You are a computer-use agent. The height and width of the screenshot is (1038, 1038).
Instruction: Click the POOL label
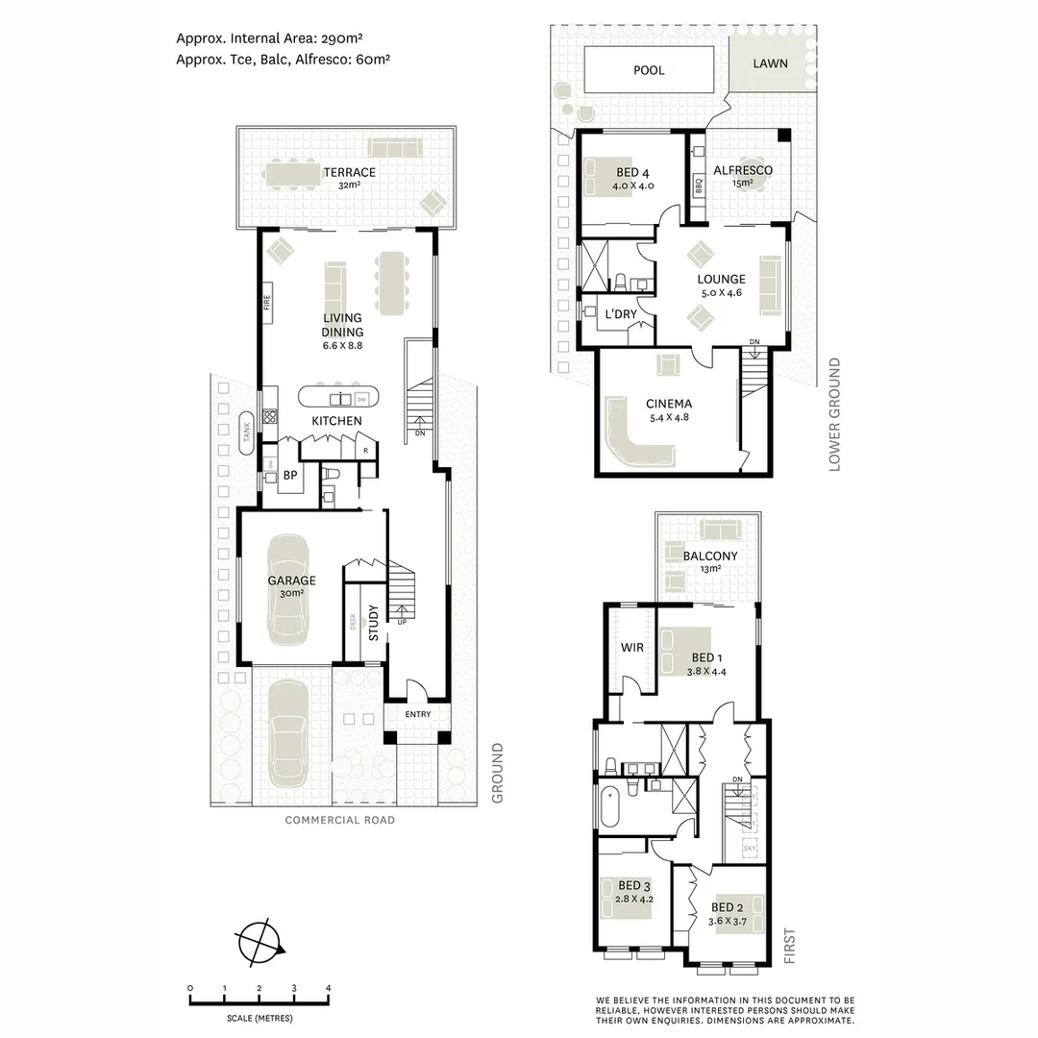tap(649, 70)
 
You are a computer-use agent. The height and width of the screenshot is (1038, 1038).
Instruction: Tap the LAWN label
tap(771, 63)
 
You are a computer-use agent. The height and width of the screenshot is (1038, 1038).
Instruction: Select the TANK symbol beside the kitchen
tap(246, 433)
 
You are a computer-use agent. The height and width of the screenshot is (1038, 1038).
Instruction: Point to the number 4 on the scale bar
tap(328, 988)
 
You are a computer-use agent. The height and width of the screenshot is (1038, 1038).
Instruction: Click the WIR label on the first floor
tap(632, 647)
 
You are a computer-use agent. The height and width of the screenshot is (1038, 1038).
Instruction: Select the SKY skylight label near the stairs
tap(750, 850)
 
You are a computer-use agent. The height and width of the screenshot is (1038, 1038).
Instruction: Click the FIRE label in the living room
tap(268, 302)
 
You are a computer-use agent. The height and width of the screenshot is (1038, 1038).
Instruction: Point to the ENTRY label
tap(418, 714)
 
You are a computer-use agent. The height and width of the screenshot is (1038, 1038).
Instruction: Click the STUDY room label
tap(374, 616)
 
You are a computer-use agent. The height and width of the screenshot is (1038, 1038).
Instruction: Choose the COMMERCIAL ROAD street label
tap(340, 820)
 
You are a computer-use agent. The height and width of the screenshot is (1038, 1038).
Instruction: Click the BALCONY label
tap(710, 556)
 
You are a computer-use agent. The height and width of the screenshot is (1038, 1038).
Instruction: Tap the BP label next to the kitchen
tap(288, 474)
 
